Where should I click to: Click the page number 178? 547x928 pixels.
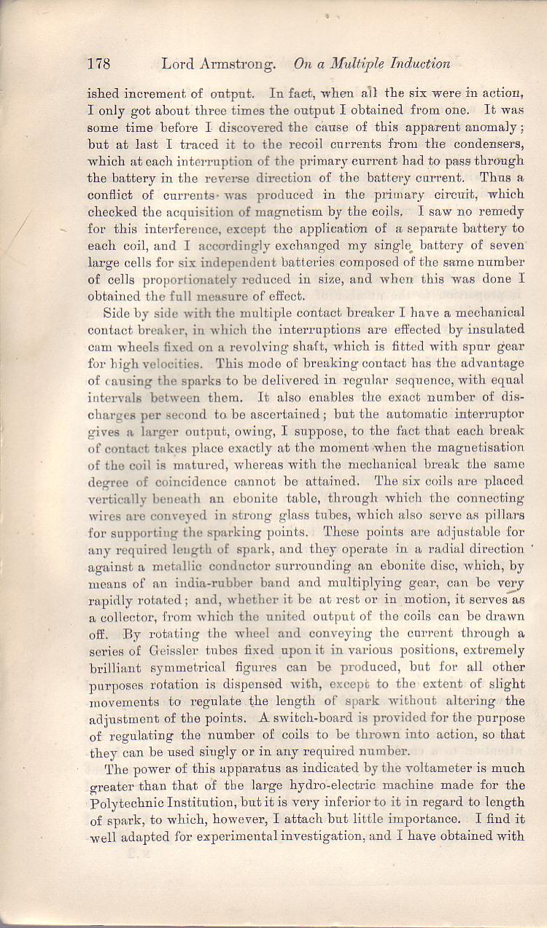tap(98, 64)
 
